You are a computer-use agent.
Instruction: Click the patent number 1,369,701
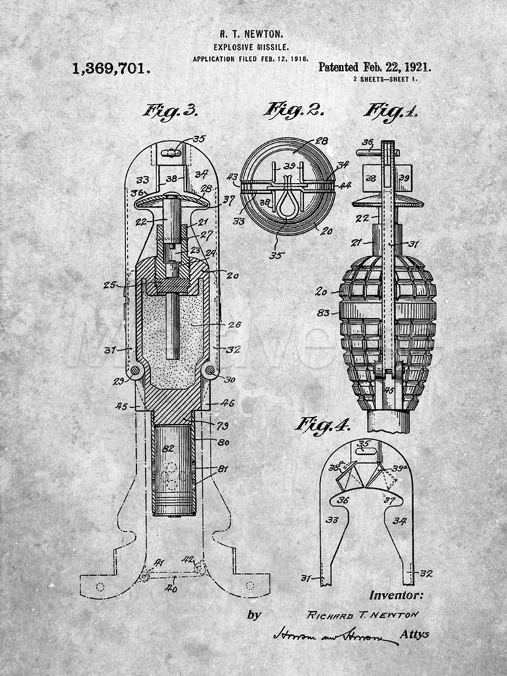click(111, 68)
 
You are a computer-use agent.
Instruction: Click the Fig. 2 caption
click(293, 110)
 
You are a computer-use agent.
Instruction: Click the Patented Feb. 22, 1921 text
click(374, 67)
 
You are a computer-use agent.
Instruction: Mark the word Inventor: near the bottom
click(396, 595)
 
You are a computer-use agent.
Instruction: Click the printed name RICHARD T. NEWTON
click(362, 615)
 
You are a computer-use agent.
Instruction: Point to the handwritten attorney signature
click(333, 635)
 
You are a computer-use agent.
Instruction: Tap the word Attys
click(415, 634)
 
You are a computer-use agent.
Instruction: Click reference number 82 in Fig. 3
click(168, 448)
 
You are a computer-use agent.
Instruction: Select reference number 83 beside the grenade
click(323, 312)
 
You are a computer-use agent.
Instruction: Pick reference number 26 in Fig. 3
click(234, 324)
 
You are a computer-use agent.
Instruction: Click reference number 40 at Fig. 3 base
click(171, 588)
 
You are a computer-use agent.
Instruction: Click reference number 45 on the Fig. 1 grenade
click(389, 389)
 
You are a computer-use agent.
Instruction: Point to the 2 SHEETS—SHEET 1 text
click(385, 79)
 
